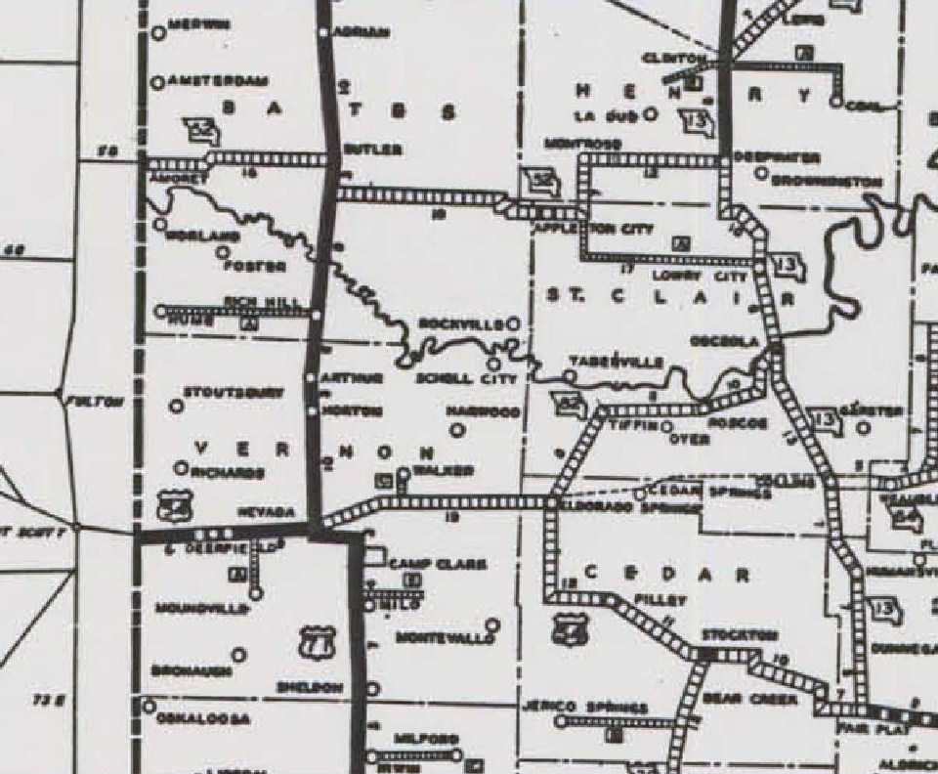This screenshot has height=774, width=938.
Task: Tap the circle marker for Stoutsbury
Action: [177, 405]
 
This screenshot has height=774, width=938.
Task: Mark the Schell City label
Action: [450, 378]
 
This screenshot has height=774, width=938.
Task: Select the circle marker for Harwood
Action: [456, 428]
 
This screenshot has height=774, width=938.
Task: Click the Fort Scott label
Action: [35, 532]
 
